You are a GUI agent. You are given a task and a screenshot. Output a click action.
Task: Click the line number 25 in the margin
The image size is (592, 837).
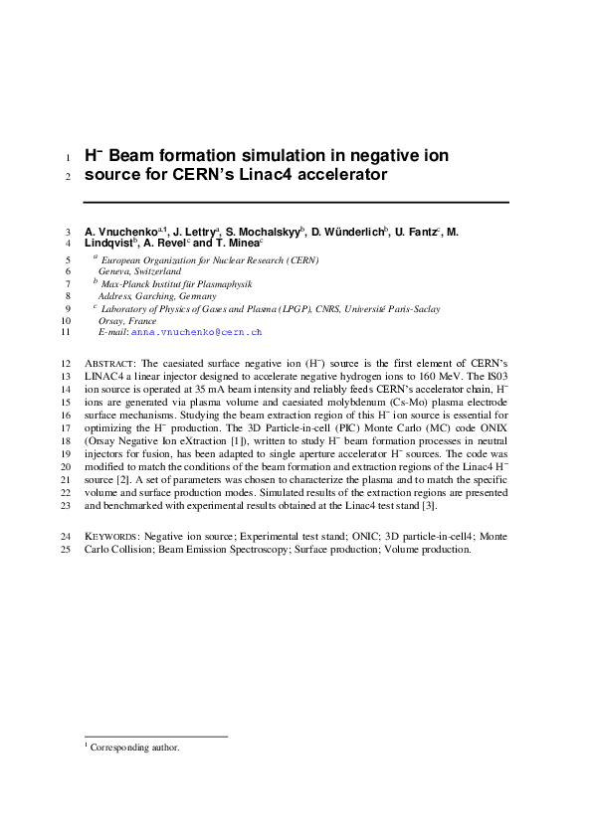[66, 549]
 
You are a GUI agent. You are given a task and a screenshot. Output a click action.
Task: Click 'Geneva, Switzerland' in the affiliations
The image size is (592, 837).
[139, 270]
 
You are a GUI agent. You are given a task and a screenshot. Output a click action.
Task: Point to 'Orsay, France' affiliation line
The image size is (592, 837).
[127, 321]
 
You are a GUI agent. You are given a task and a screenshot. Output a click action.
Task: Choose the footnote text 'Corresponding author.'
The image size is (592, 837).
[134, 747]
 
